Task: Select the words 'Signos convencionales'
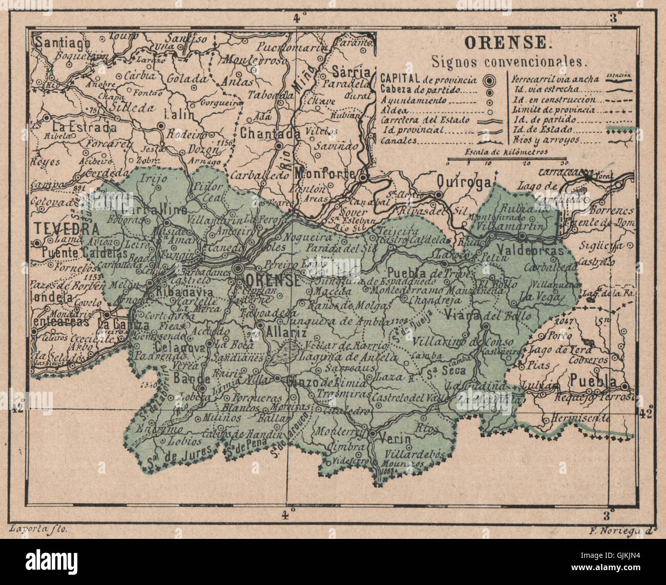[507, 62]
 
